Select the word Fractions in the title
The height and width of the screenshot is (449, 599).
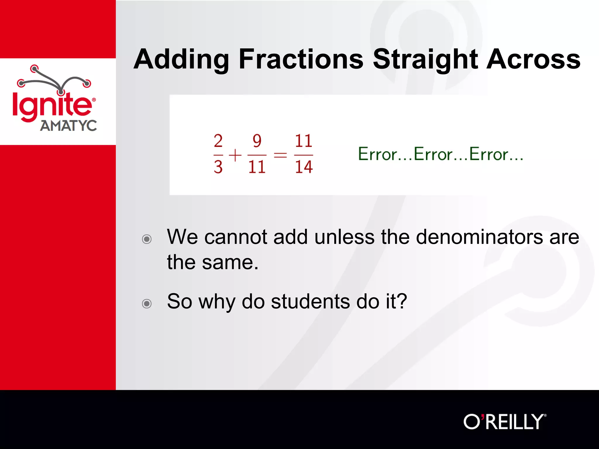(x=301, y=59)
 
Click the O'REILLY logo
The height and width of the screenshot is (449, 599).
(x=505, y=422)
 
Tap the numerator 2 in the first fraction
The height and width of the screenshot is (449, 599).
(x=218, y=141)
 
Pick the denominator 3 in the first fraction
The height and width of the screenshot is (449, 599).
(x=218, y=167)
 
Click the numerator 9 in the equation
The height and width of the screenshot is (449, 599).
(x=257, y=141)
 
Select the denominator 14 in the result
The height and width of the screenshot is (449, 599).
(x=304, y=167)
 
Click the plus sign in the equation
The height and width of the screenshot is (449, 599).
(x=235, y=155)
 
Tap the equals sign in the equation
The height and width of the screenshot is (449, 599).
(x=280, y=155)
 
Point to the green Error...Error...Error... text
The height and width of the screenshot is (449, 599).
(x=440, y=154)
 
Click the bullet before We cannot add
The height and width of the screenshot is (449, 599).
(x=147, y=239)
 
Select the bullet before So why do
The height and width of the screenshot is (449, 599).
(x=147, y=303)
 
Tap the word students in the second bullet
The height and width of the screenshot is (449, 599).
(x=310, y=301)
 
